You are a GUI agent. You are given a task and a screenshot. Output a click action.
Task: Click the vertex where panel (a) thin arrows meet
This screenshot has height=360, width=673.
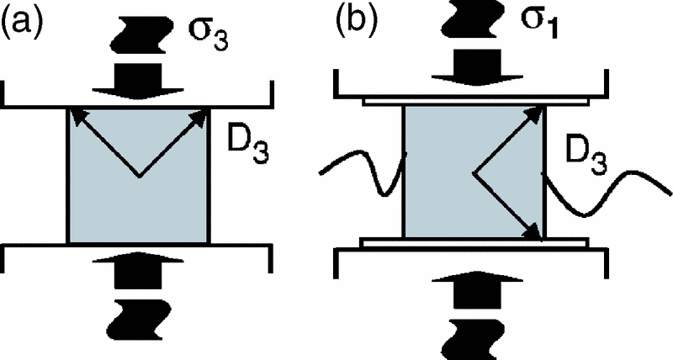point(139,176)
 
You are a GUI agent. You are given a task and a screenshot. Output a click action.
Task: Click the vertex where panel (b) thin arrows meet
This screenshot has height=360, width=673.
point(476,172)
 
